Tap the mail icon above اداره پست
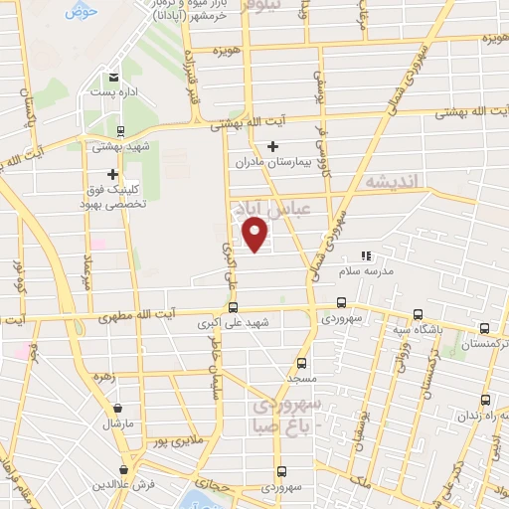(x=113, y=78)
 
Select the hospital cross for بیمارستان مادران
(x=271, y=146)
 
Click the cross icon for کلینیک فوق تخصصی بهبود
(x=112, y=174)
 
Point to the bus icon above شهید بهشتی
(x=120, y=130)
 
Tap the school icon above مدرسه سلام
(x=365, y=255)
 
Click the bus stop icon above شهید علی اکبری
(x=233, y=307)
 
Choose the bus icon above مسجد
(x=302, y=364)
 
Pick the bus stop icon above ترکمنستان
(x=484, y=328)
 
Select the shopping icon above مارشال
(x=118, y=408)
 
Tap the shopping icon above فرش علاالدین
(x=123, y=469)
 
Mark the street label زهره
(x=101, y=377)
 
